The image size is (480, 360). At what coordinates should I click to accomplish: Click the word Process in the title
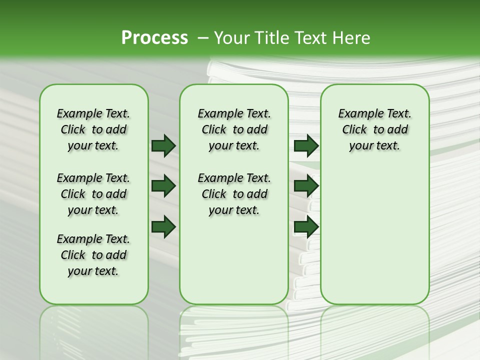pos(154,37)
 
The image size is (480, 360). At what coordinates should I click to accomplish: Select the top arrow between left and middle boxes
pos(163,145)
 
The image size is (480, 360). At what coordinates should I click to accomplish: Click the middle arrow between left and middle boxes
pos(163,186)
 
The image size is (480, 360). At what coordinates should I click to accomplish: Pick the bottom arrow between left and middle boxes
pos(163,226)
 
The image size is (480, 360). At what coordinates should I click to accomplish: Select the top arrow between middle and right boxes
pos(306,145)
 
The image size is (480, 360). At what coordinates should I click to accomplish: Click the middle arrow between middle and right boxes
pos(306,186)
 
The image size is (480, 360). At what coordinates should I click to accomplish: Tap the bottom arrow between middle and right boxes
pos(306,226)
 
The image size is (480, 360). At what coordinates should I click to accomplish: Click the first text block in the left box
pos(93,129)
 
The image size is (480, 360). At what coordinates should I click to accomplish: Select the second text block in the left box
pos(93,194)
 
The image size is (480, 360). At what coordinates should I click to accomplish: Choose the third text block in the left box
pos(93,255)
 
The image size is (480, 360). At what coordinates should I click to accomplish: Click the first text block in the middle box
pos(234,129)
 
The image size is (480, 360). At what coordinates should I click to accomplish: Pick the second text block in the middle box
pos(234,194)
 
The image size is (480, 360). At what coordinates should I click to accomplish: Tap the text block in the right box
pos(374,129)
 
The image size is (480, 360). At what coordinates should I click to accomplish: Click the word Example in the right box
pos(355,114)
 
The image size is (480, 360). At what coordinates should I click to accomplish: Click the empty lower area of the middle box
pos(234,260)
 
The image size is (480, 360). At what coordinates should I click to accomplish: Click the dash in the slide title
pos(203,38)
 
